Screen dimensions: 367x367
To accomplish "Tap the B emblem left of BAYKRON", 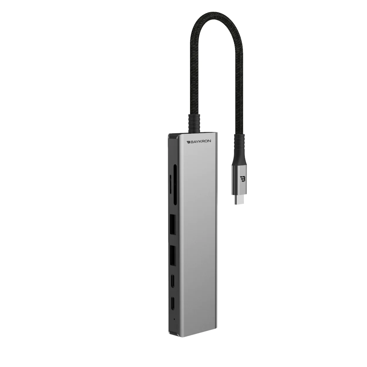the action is pos(188,142).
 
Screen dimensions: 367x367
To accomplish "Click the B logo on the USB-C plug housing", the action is pos(242,179).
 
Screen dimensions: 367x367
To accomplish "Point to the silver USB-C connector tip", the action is pos(239,200).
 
